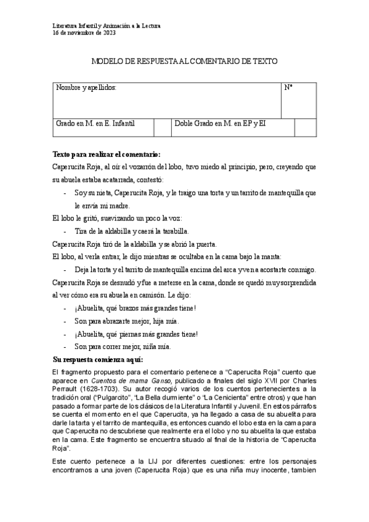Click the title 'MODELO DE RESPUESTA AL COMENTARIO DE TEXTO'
(x=184, y=62)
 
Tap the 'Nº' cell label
(x=288, y=88)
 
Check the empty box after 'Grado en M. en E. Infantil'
(x=161, y=127)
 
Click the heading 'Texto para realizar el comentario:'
(x=107, y=154)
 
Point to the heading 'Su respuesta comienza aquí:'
(x=98, y=359)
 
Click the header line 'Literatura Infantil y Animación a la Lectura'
(x=106, y=26)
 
